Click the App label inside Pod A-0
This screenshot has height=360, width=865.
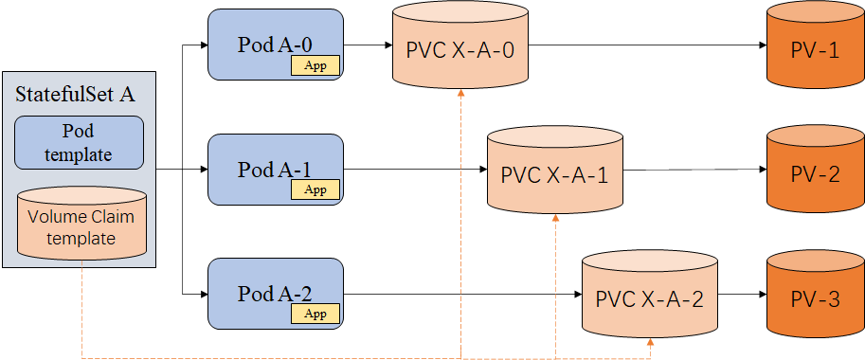(x=315, y=64)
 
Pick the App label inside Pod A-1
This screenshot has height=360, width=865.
(x=315, y=189)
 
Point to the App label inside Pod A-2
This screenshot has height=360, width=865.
(x=315, y=314)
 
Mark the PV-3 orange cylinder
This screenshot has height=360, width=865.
(x=814, y=298)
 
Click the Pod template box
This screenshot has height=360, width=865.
(x=80, y=142)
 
